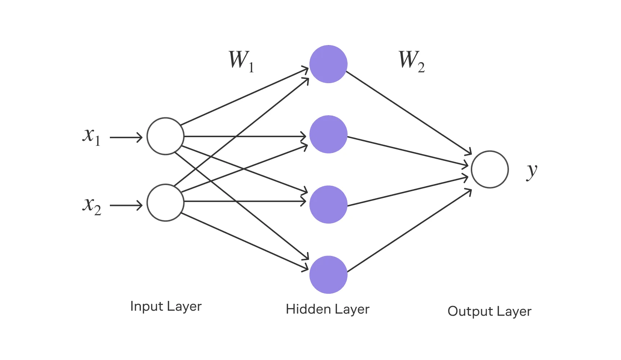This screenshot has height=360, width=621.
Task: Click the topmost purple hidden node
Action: coord(328,64)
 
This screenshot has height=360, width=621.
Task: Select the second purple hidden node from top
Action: coord(328,134)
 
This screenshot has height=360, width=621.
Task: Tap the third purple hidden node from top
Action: coord(328,204)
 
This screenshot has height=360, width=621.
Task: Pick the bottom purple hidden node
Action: coord(328,275)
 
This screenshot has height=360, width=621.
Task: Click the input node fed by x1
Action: coord(166,136)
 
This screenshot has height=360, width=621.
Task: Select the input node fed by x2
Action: coord(166,203)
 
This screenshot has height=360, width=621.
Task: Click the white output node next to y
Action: coord(490,169)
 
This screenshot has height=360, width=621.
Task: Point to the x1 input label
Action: coord(91,136)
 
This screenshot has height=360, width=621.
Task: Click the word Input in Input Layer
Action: coord(146,306)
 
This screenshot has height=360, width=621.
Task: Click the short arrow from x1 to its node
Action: coord(126,137)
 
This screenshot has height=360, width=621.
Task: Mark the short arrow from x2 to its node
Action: coord(126,206)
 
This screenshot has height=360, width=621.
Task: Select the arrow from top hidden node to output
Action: coord(409,113)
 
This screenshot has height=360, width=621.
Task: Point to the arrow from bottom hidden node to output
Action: coord(409,231)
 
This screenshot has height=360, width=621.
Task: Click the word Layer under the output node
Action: coord(516,312)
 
